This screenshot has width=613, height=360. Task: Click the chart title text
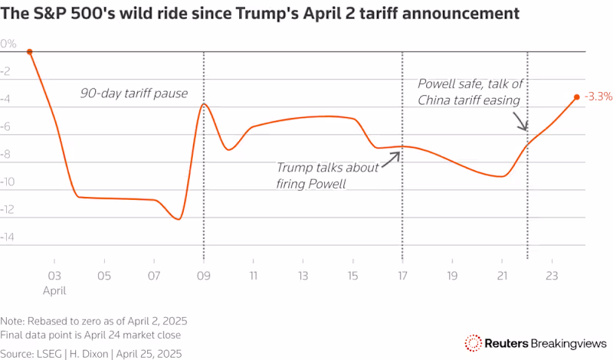[x=260, y=14]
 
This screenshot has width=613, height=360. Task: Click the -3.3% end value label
[x=598, y=97]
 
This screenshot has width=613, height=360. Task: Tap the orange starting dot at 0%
[x=29, y=52]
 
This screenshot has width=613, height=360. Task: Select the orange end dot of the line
[x=576, y=97]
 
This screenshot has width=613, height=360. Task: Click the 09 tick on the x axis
[x=203, y=275]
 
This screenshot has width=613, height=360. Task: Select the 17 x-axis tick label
[x=402, y=275]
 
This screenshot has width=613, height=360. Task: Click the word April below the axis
[x=54, y=290]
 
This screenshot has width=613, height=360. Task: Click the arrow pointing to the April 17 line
[x=393, y=155]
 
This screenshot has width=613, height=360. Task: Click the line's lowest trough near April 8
[x=179, y=219]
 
